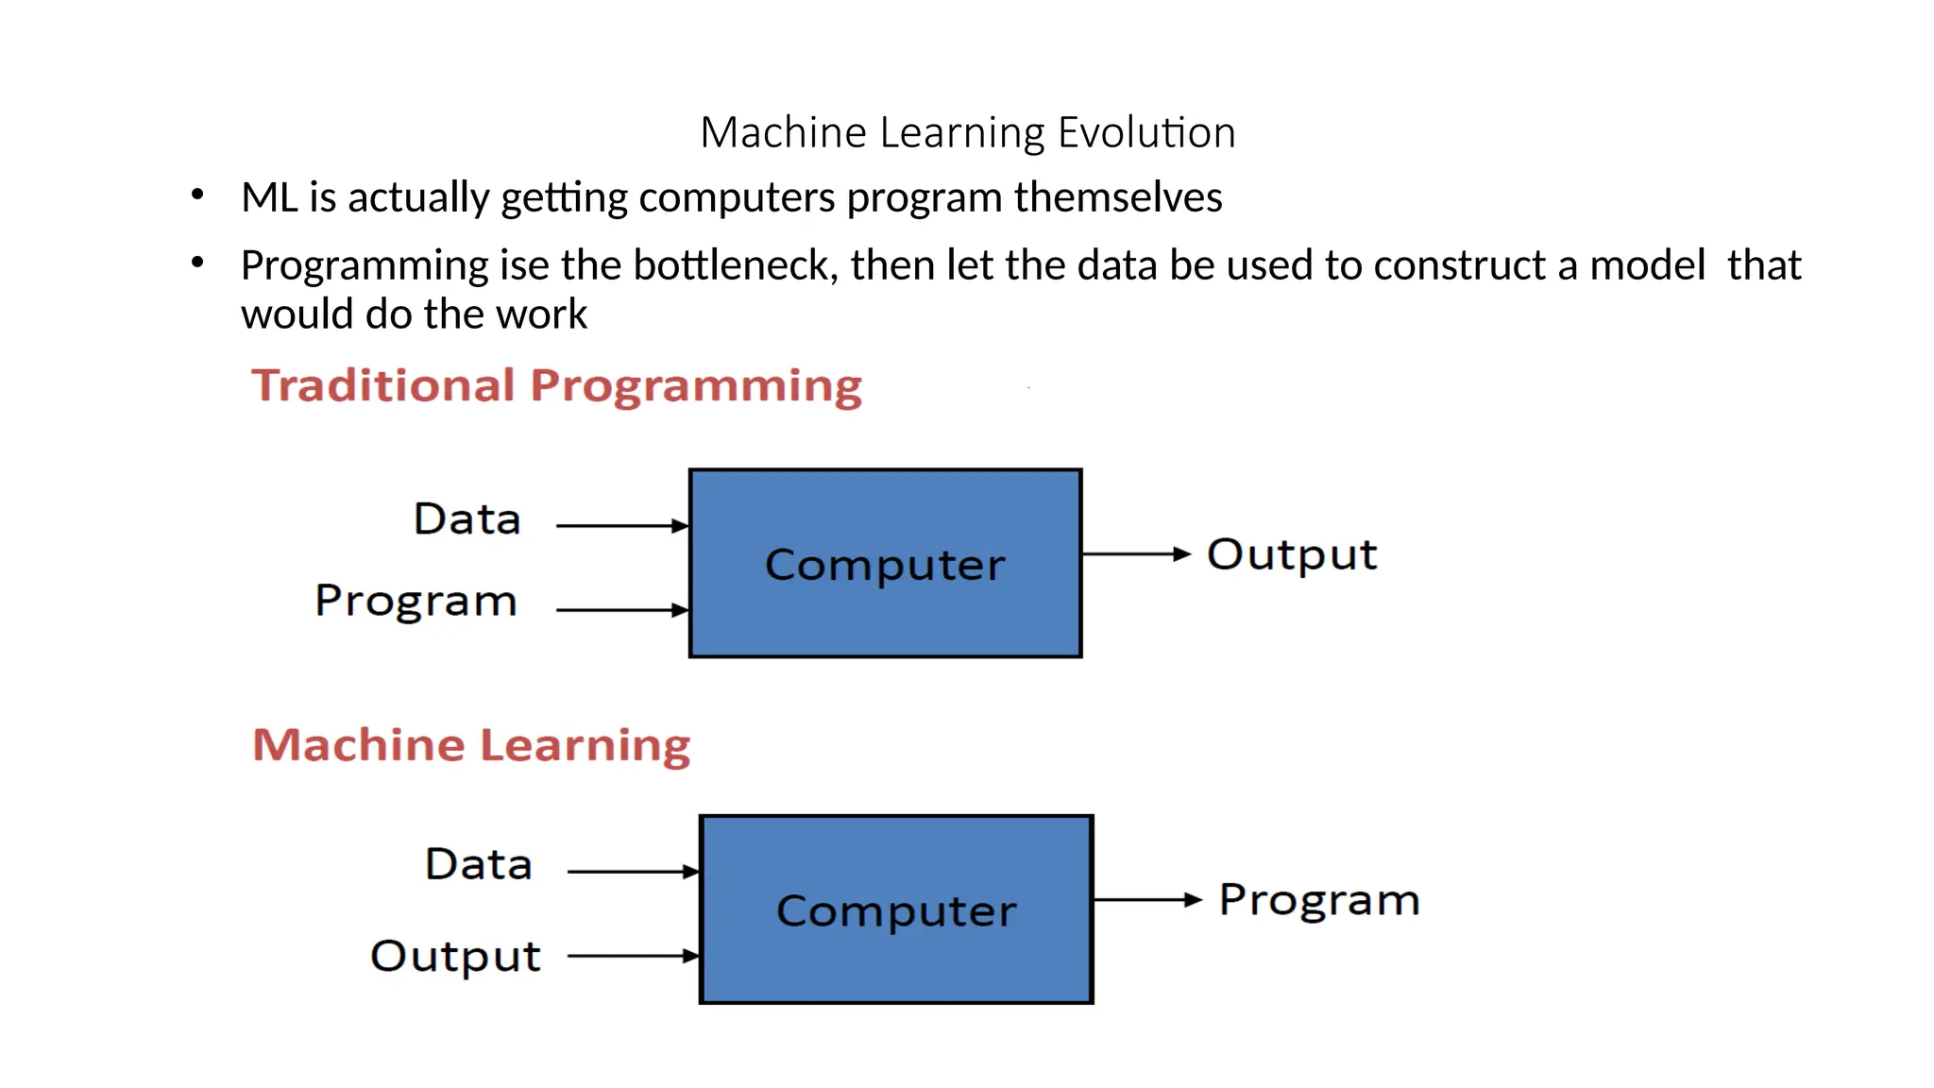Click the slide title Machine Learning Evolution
pyautogui.click(x=967, y=132)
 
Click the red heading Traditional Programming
pyautogui.click(x=556, y=386)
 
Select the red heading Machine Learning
pyautogui.click(x=471, y=745)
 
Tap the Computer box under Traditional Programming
pyautogui.click(x=885, y=563)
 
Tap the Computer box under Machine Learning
pyautogui.click(x=896, y=909)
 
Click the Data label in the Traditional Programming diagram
pyautogui.click(x=467, y=519)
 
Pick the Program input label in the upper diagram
pyautogui.click(x=416, y=601)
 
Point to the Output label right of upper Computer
pyautogui.click(x=1292, y=554)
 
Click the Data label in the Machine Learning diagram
pyautogui.click(x=479, y=865)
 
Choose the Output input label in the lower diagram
pyautogui.click(x=455, y=956)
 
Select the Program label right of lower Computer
pyautogui.click(x=1319, y=900)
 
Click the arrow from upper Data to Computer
pyautogui.click(x=621, y=525)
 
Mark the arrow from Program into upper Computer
pyautogui.click(x=621, y=610)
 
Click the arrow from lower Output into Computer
pyautogui.click(x=633, y=956)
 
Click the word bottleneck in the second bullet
pyautogui.click(x=735, y=265)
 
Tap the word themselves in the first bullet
pyautogui.click(x=1118, y=197)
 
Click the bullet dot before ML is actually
pyautogui.click(x=197, y=195)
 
